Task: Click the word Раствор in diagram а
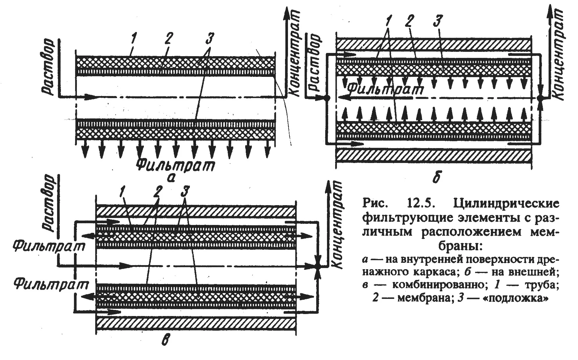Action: point(48,66)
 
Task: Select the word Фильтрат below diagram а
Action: point(175,165)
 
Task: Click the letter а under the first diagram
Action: point(172,178)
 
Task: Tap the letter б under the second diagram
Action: point(436,178)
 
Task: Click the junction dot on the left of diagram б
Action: point(327,98)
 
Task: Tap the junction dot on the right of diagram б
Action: point(540,98)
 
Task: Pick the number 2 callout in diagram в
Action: point(158,191)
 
